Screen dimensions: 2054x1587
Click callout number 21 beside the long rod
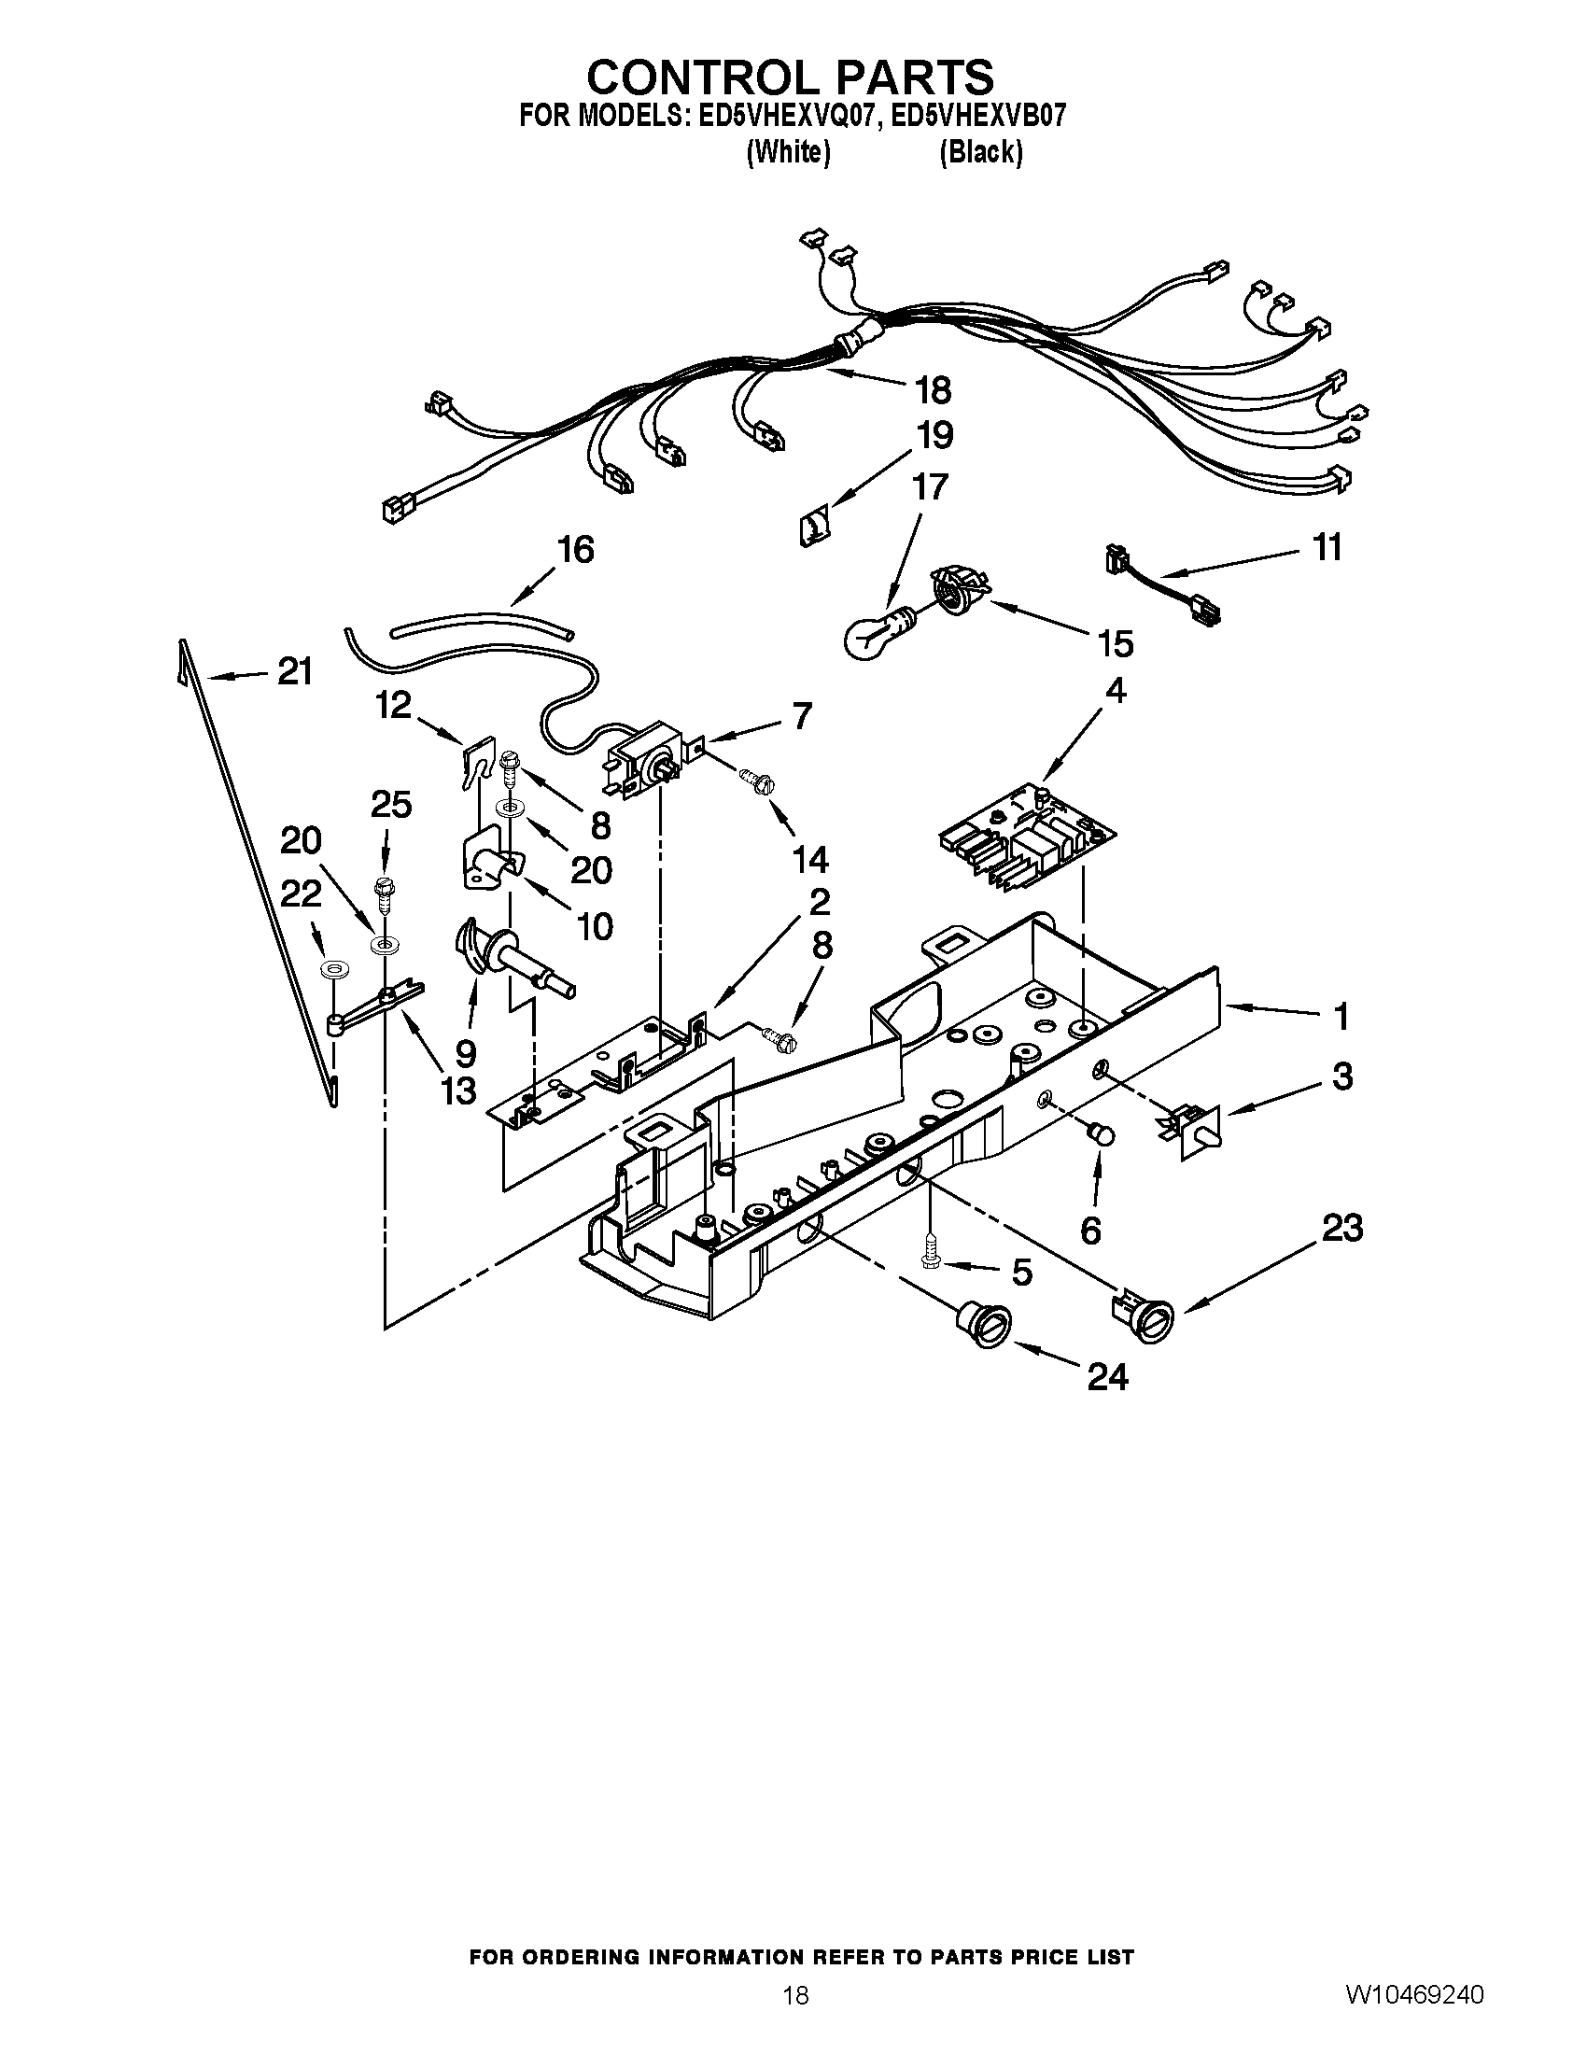click(294, 671)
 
